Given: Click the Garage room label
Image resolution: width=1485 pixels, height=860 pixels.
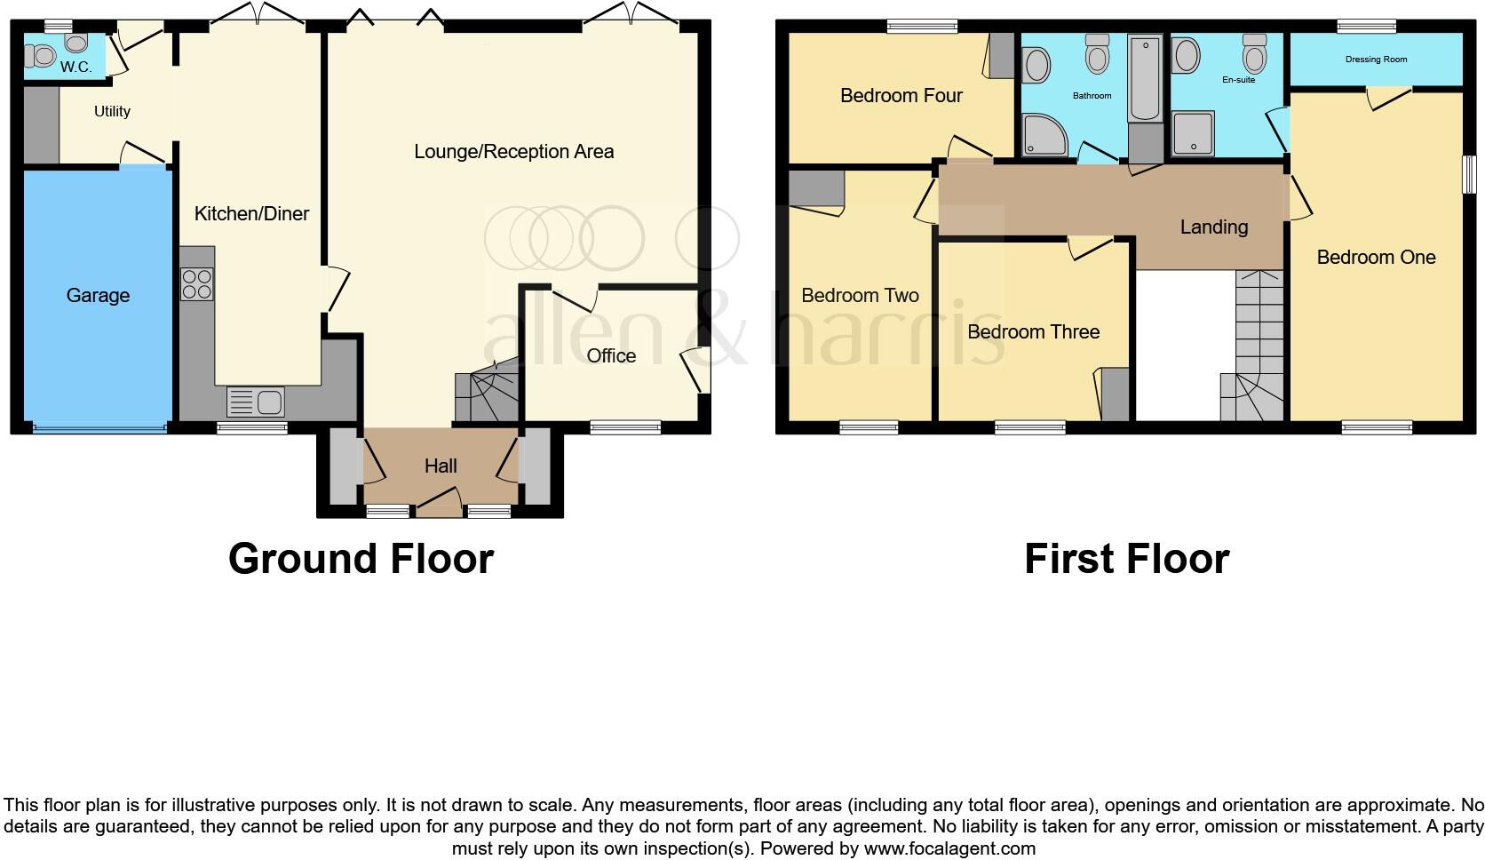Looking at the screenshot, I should coord(98,296).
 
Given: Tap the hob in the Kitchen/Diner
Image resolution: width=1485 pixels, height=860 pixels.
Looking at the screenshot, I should coord(196,284).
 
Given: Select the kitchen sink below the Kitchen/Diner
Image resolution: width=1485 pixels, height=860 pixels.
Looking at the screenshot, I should coord(255,402).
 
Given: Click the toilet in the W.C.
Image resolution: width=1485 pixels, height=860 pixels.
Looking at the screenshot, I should coord(40,57).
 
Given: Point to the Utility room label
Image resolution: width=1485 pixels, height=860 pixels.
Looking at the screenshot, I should coord(113,111).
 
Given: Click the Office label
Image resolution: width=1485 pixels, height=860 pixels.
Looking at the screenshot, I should coord(611,355).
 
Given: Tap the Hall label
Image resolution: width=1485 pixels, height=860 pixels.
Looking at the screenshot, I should coord(441,466).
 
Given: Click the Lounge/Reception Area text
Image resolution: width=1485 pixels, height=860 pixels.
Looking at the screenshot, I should coord(513,151).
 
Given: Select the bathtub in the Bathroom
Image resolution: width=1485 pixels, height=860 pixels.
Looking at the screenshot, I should coord(1145,78).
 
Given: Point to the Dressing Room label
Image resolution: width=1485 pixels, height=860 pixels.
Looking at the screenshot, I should coord(1376,60).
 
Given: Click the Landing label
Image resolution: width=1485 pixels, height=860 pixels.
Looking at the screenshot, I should coord(1213,227).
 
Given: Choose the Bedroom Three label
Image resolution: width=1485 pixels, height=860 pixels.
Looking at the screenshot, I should coord(1033,331).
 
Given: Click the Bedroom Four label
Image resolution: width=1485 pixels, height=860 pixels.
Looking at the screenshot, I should coord(901,95).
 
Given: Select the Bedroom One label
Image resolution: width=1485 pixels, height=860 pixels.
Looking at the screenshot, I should coord(1376,257).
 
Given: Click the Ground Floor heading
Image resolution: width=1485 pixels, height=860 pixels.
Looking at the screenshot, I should coord(361,559).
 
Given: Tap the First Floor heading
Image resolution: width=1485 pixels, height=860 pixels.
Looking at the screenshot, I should coord(1126,559).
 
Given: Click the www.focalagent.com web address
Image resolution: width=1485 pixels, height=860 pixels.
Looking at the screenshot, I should coord(949,848).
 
